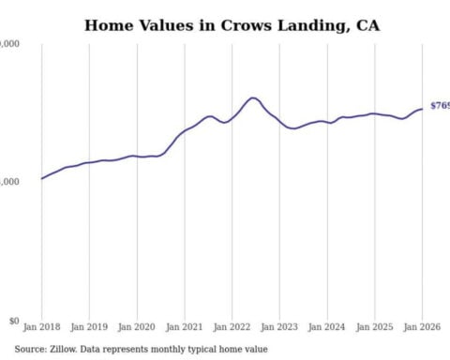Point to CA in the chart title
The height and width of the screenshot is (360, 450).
click(x=368, y=25)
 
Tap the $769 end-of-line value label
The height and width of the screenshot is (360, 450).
click(x=439, y=106)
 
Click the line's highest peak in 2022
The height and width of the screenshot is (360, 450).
click(x=253, y=97)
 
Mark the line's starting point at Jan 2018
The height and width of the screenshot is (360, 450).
click(x=41, y=178)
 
